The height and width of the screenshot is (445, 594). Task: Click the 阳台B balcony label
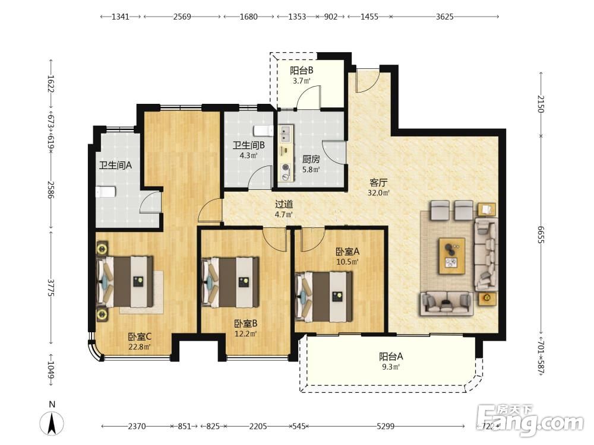pyautogui.click(x=302, y=71)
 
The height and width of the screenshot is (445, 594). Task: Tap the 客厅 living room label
pyautogui.click(x=378, y=183)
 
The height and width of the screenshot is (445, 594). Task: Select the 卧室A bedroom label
pyautogui.click(x=347, y=252)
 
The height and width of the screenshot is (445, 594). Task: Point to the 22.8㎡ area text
pyautogui.click(x=140, y=347)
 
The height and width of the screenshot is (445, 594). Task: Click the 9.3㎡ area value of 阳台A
pyautogui.click(x=391, y=367)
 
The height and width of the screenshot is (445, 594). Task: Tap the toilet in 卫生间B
pyautogui.click(x=264, y=131)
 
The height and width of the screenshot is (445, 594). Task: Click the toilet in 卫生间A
pyautogui.click(x=105, y=192)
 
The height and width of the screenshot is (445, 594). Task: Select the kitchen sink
pyautogui.click(x=285, y=133)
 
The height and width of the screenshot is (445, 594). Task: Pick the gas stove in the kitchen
pyautogui.click(x=285, y=172)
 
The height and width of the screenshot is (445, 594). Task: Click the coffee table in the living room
pyautogui.click(x=452, y=255)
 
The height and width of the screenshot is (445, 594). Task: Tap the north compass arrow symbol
pyautogui.click(x=52, y=424)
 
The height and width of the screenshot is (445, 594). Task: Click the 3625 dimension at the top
pyautogui.click(x=444, y=17)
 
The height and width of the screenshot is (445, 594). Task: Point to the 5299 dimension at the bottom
pyautogui.click(x=386, y=427)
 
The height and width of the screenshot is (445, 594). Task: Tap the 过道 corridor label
pyautogui.click(x=284, y=204)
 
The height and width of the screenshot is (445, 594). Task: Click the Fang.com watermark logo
pyautogui.click(x=530, y=420)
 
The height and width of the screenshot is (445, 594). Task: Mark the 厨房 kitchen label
pyautogui.click(x=311, y=160)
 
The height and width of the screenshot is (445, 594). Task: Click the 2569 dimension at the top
pyautogui.click(x=182, y=17)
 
